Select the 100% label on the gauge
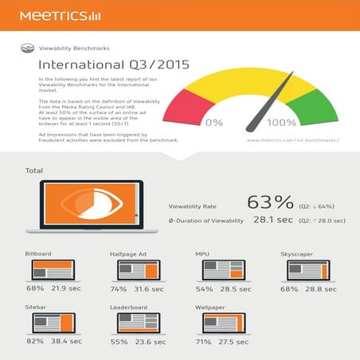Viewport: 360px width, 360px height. [x=281, y=123]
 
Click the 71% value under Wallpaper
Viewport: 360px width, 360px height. [x=203, y=342]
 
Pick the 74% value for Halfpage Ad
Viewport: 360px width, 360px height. [x=119, y=288]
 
